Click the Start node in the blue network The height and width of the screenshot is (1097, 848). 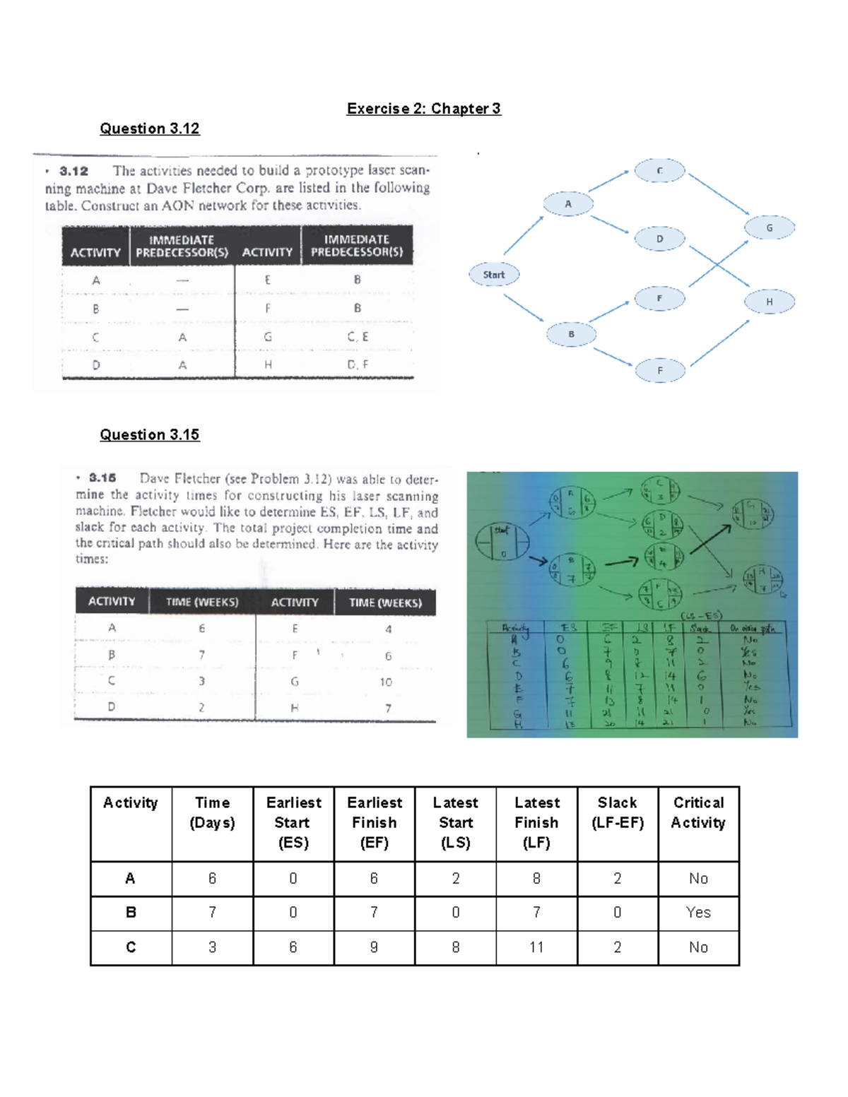(494, 275)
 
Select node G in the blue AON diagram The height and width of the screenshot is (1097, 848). (770, 228)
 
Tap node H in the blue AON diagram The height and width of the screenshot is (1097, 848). (770, 302)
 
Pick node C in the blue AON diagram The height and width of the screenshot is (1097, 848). (659, 171)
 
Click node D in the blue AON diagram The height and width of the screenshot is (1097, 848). (659, 239)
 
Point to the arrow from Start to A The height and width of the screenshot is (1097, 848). (523, 235)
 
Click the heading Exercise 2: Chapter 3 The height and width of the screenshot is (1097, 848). (423, 109)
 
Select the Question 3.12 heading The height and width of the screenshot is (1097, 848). (150, 129)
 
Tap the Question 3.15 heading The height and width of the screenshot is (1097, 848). (150, 434)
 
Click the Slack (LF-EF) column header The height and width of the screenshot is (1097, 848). (617, 812)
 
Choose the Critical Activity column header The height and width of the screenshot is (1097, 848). (698, 812)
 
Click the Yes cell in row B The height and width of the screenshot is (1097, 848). (698, 913)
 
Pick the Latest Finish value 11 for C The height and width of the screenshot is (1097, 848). (536, 947)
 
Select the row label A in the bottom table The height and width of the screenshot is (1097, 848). (131, 878)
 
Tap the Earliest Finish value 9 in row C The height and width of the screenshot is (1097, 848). (374, 947)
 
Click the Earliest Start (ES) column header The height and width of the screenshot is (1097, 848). (293, 822)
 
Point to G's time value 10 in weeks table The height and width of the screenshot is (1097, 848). (386, 682)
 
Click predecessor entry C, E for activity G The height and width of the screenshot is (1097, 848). (358, 337)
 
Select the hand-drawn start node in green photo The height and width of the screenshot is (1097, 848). (502, 542)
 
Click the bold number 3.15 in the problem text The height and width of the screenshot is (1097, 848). (102, 478)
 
